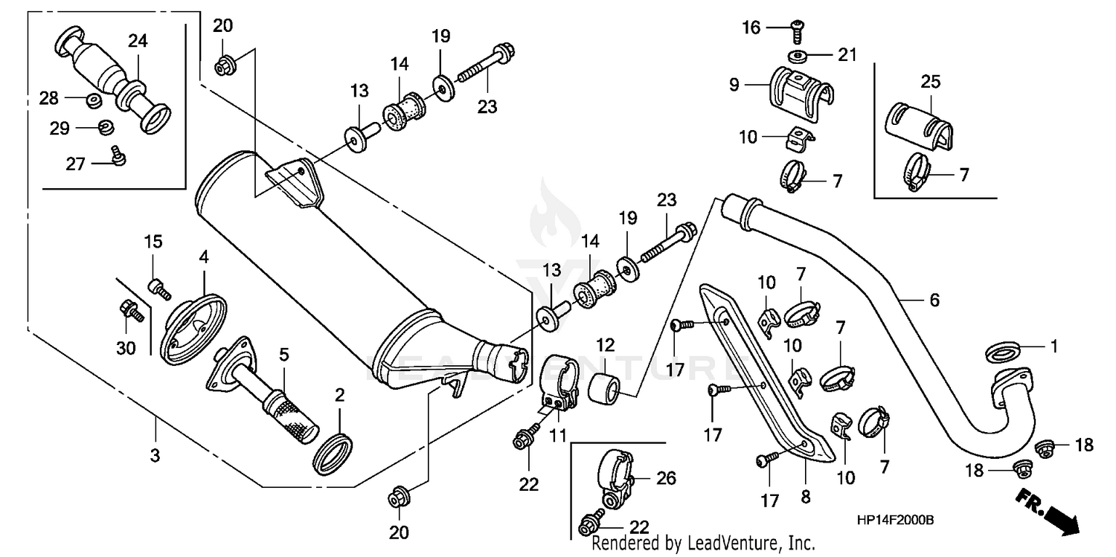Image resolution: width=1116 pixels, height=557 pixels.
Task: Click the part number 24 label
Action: (x=138, y=41)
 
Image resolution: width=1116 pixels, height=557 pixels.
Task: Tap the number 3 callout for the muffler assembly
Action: (x=155, y=455)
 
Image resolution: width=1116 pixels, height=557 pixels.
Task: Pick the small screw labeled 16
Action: (x=795, y=27)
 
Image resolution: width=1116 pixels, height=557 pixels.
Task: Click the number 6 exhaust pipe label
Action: (x=934, y=300)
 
